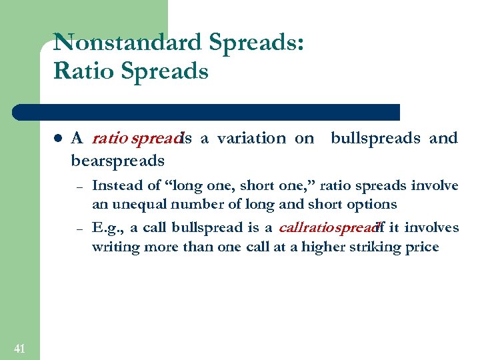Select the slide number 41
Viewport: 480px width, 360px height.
click(19, 347)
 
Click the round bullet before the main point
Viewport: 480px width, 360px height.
click(58, 139)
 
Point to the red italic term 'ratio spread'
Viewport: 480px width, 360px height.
click(136, 139)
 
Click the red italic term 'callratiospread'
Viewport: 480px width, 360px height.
click(327, 228)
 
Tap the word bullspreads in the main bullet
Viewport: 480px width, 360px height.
click(375, 138)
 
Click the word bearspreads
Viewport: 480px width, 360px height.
click(117, 161)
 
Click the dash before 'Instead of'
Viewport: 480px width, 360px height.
click(78, 186)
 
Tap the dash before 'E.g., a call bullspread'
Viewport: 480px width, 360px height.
click(78, 229)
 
